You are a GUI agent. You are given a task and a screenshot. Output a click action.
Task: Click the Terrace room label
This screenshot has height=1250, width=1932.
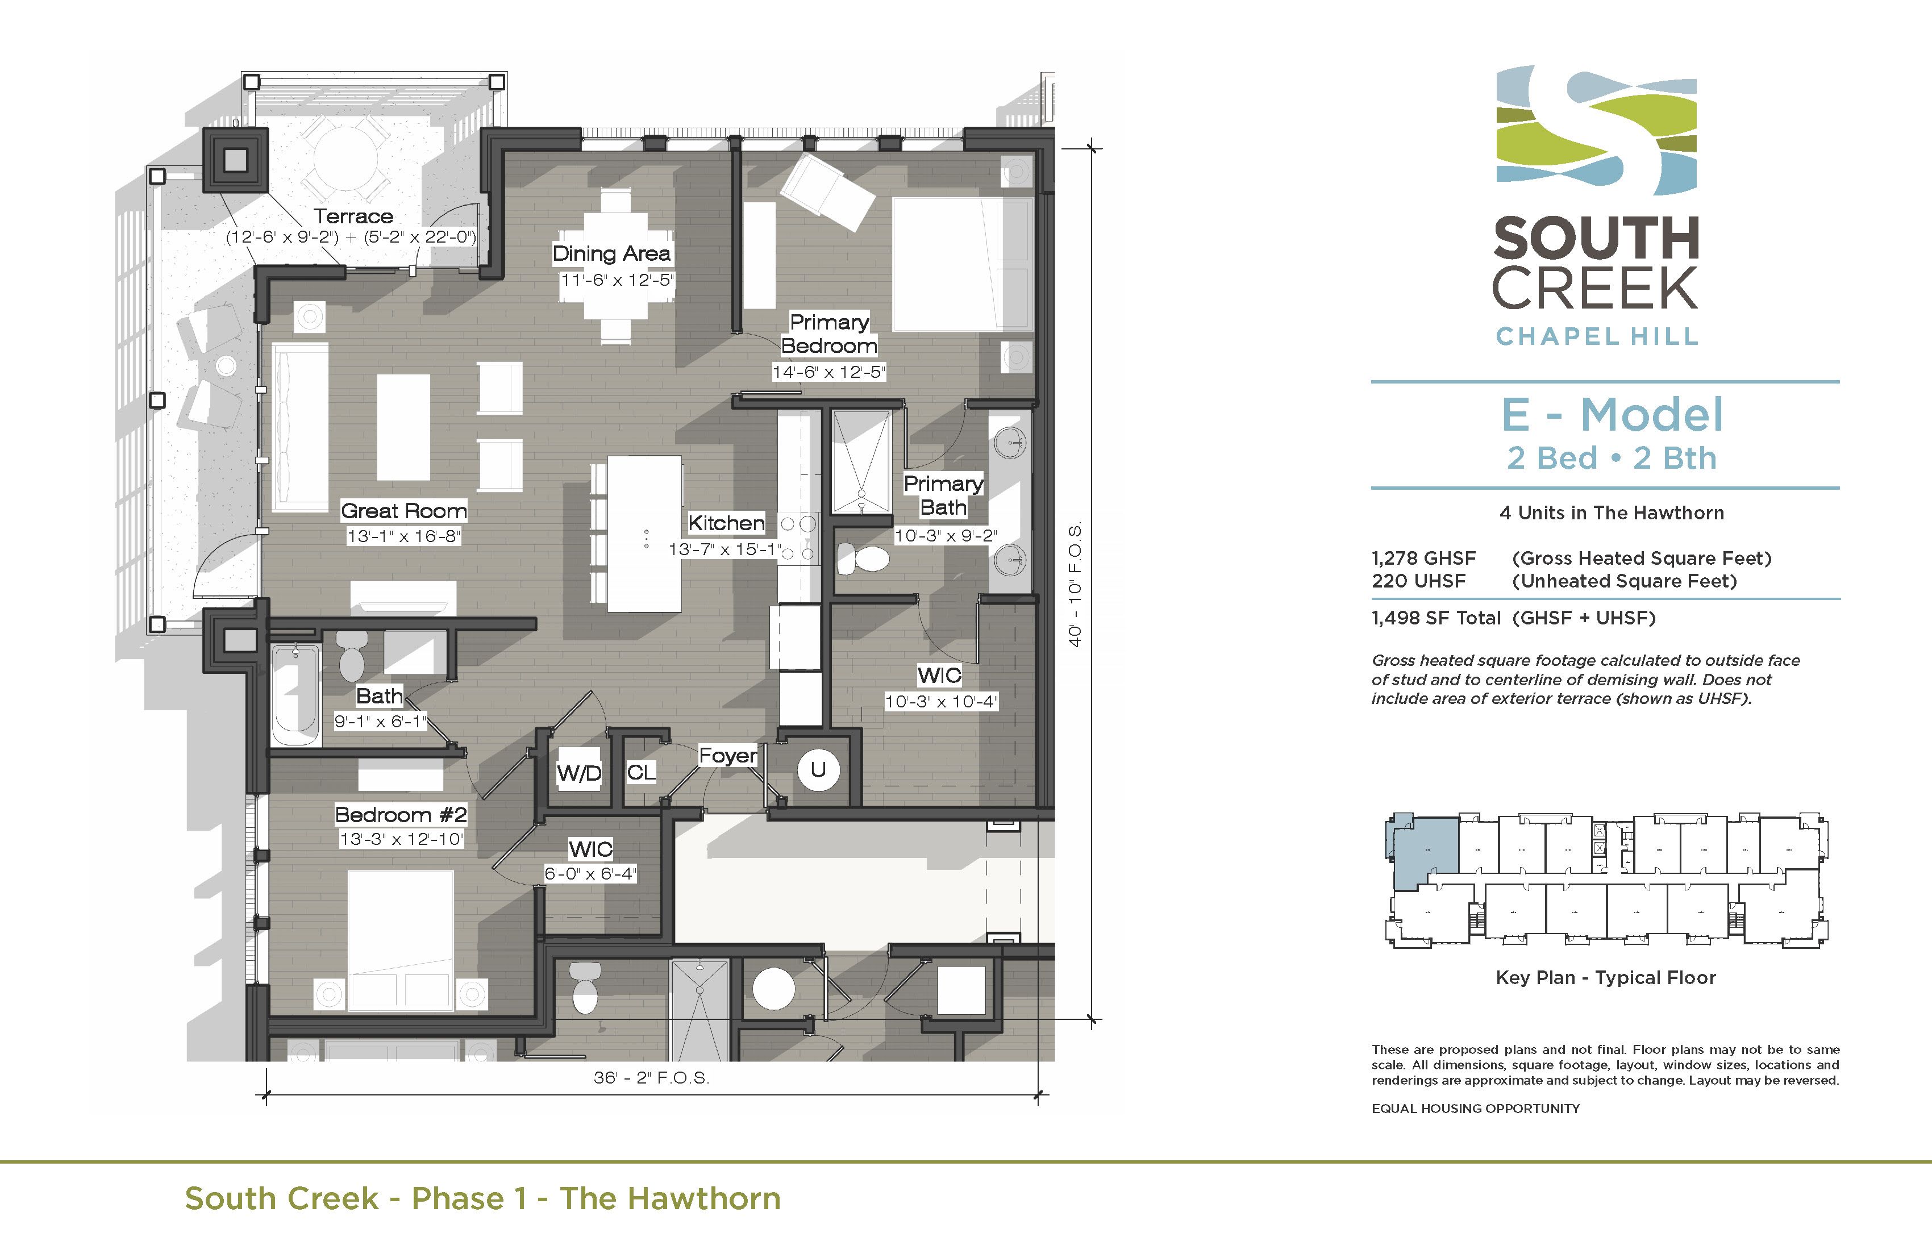[x=353, y=216]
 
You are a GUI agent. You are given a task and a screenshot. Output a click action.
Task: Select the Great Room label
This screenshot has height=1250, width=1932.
[x=403, y=511]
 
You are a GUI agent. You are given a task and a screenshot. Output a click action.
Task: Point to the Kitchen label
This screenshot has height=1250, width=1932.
[x=727, y=523]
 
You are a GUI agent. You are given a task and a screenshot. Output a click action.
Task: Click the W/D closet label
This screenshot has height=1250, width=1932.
[x=579, y=773]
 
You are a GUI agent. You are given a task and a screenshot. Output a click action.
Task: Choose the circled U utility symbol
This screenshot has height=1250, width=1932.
[x=818, y=769]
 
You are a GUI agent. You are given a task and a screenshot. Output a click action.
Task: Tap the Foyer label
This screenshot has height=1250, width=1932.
[x=727, y=756]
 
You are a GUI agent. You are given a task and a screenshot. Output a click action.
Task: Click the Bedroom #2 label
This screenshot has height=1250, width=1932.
[x=401, y=814]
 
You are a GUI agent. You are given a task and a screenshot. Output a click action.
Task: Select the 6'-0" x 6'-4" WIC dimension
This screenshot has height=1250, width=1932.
[x=590, y=873]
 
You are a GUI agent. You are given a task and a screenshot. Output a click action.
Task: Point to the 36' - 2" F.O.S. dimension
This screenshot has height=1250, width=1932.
[x=651, y=1078]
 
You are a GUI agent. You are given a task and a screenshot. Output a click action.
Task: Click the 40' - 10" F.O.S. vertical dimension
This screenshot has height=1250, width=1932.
[x=1076, y=585]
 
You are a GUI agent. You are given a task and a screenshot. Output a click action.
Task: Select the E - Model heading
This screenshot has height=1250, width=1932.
[x=1612, y=415]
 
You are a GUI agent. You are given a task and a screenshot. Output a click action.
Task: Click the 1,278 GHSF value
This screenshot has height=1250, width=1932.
[x=1423, y=559]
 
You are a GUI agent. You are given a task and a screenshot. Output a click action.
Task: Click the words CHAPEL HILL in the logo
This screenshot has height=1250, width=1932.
[x=1596, y=336]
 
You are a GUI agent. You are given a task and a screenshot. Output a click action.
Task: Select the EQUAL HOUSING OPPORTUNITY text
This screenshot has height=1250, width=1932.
[x=1475, y=1109]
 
